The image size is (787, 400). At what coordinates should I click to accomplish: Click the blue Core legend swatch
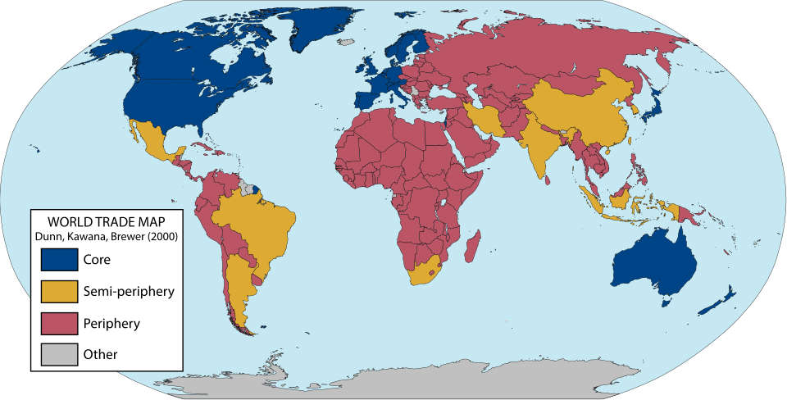[58, 259]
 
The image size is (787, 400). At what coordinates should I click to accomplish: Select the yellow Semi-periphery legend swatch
[58, 291]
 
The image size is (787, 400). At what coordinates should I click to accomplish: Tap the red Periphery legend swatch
[58, 323]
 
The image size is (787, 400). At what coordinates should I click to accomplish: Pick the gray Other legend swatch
[58, 355]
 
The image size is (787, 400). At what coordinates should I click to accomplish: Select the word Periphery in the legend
[111, 323]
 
